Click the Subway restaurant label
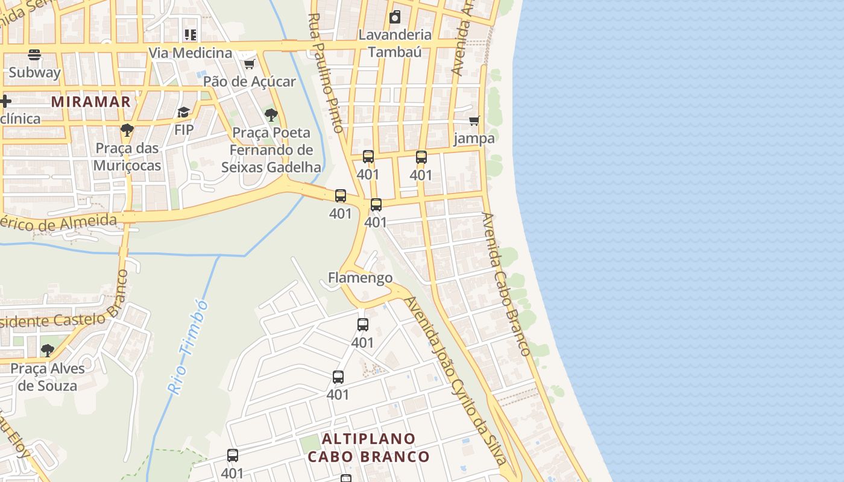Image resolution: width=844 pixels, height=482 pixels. pos(34,73)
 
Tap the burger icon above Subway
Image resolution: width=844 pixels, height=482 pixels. pos(34,55)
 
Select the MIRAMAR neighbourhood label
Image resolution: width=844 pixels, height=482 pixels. pos(91,101)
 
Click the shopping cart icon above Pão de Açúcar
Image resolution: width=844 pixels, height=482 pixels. pos(249,64)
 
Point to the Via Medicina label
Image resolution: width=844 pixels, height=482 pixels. pos(190,53)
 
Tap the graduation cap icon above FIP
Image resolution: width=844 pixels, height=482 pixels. pos(183,112)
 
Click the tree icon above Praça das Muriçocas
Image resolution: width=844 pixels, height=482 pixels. pos(127,130)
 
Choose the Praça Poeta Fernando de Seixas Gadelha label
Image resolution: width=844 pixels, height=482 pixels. pos(271,150)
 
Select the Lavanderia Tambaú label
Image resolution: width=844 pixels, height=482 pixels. pos(395,43)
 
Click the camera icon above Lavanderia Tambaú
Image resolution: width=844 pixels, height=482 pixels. pos(395,17)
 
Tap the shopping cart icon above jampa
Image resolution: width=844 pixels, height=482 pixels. pos(474,121)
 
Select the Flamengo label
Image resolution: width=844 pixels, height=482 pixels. pos(360,278)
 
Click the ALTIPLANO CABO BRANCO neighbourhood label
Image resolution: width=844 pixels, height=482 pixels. pos(369,447)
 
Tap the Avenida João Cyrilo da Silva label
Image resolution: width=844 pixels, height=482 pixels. pos(457,380)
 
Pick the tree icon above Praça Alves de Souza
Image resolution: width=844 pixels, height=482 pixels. pos(47,350)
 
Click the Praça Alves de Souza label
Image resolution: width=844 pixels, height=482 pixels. pos(48,377)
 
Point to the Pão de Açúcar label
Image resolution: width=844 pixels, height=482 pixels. pos(250,81)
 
